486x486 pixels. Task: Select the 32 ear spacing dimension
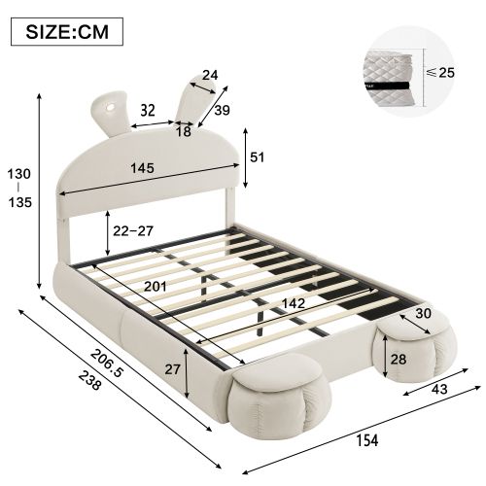tap(147, 111)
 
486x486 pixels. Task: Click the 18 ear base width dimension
tap(185, 131)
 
